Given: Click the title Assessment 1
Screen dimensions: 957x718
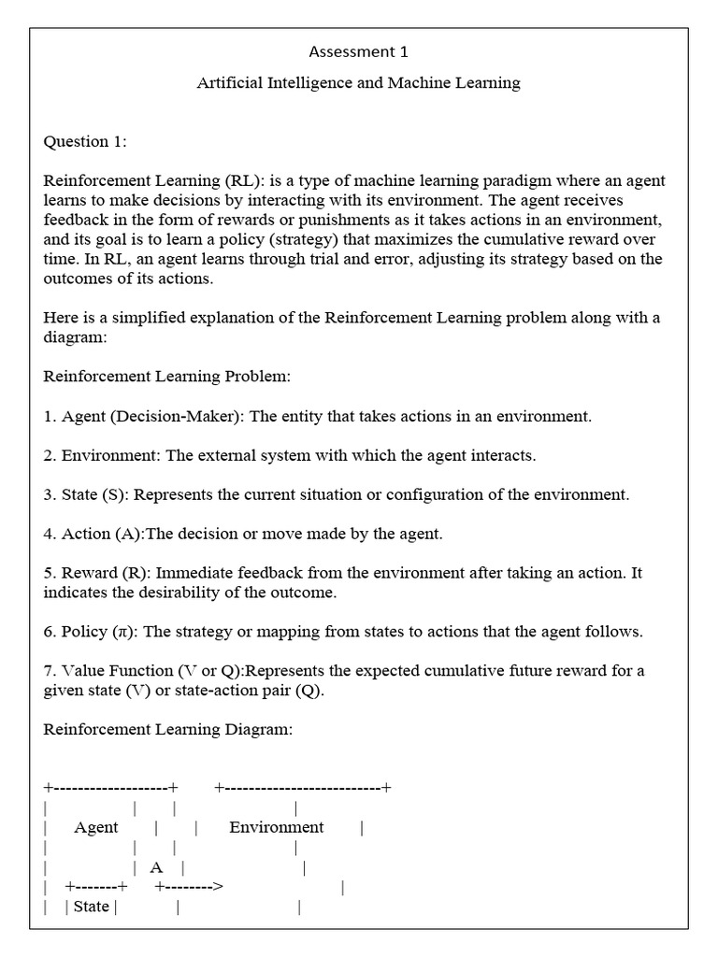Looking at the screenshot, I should point(358,51).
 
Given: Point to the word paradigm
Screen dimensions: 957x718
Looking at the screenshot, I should point(509,180).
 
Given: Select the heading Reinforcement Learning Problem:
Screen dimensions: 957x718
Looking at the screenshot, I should point(167,377).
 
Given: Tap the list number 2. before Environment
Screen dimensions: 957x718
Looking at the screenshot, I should point(50,455).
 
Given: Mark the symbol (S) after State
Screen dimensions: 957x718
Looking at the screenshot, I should point(112,494).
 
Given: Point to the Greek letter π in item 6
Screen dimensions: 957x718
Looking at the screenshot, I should point(122,632).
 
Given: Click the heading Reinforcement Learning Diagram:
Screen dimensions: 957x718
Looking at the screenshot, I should point(168,729).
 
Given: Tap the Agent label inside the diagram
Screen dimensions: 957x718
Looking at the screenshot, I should point(96,827).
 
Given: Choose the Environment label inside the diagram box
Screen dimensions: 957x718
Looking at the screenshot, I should point(277,827).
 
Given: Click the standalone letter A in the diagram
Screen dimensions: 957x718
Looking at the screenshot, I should point(156,867).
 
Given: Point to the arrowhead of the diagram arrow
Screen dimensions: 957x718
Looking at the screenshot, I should point(218,886).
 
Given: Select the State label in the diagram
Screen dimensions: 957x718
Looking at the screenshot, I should point(91,907).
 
